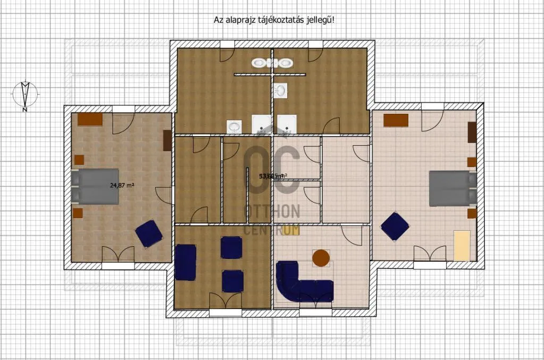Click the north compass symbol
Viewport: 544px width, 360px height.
pos(24,94)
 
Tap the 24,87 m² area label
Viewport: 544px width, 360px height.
pos(122,186)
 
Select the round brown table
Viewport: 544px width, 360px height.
pos(321,258)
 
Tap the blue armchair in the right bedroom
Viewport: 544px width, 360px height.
pos(395,226)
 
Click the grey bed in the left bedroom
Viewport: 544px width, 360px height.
pos(95,186)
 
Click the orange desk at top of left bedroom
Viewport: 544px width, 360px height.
pos(90,119)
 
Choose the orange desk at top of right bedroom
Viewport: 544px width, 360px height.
pos(396,120)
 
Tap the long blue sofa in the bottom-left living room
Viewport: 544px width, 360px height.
pos(186,262)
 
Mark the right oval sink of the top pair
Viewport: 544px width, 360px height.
pos(286,63)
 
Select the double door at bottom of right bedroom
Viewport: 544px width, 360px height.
pos(430,254)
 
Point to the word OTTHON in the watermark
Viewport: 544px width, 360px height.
pos(272,212)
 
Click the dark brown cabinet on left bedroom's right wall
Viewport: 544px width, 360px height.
pos(166,140)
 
